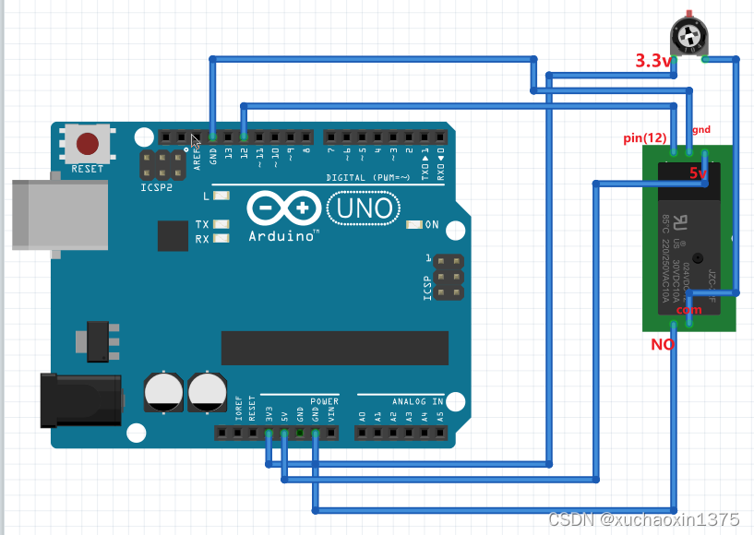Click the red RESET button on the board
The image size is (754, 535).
pyautogui.click(x=88, y=145)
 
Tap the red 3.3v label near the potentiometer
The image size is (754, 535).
pyautogui.click(x=652, y=61)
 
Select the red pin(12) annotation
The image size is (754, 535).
pyautogui.click(x=645, y=138)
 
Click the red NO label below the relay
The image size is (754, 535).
pyautogui.click(x=663, y=344)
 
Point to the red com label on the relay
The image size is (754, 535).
pyautogui.click(x=688, y=310)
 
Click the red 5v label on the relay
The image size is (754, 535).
pyautogui.click(x=698, y=172)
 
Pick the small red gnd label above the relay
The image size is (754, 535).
pyautogui.click(x=701, y=130)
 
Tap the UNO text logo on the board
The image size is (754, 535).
pyautogui.click(x=364, y=208)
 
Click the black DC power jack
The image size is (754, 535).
pyautogui.click(x=80, y=399)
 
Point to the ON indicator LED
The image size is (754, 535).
pyautogui.click(x=413, y=224)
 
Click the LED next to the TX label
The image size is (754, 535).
pyautogui.click(x=221, y=224)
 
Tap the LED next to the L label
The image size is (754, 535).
pyautogui.click(x=221, y=196)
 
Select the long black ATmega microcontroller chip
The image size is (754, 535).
pyautogui.click(x=334, y=348)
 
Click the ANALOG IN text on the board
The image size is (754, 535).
pyautogui.click(x=416, y=401)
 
